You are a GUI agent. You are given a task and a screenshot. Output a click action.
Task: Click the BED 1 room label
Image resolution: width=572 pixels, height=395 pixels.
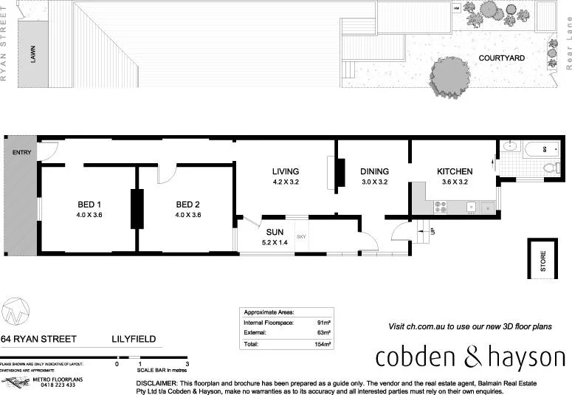pyautogui.click(x=89, y=205)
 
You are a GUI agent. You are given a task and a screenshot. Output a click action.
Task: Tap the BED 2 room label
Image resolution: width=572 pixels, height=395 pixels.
pyautogui.click(x=187, y=205)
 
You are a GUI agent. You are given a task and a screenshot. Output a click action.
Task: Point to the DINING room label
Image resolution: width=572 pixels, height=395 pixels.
pyautogui.click(x=374, y=171)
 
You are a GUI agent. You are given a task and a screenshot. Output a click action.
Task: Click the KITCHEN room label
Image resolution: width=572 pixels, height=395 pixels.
pyautogui.click(x=454, y=171)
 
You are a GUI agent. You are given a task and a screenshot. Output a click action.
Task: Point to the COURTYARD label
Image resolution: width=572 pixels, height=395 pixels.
pyautogui.click(x=501, y=58)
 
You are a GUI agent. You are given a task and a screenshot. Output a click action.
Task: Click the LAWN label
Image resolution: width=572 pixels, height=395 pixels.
pyautogui.click(x=32, y=55)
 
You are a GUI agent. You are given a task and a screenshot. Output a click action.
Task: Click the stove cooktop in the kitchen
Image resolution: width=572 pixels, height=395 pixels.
pyautogui.click(x=441, y=208)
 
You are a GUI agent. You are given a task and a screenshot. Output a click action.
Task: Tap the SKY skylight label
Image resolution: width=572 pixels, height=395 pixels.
pyautogui.click(x=301, y=236)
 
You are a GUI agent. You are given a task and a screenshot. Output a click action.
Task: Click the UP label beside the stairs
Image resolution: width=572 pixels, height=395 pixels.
pyautogui.click(x=433, y=231)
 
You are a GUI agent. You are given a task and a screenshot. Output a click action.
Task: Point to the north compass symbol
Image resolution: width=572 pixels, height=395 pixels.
pyautogui.click(x=15, y=311)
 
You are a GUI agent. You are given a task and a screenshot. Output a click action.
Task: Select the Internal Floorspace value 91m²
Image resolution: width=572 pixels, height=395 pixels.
pyautogui.click(x=323, y=323)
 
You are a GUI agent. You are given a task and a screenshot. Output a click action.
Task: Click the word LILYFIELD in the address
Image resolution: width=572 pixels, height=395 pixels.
pyautogui.click(x=134, y=339)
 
